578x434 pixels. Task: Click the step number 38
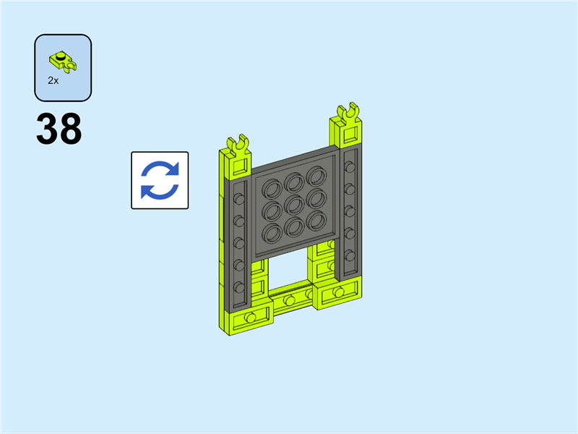[x=59, y=129]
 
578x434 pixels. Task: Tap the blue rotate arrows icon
[x=160, y=180]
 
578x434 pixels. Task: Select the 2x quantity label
[x=53, y=80]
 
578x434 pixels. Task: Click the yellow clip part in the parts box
[x=63, y=61]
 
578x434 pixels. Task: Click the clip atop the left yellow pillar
[x=238, y=144]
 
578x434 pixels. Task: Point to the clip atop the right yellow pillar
[x=348, y=113]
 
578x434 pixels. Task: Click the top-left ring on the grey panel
[x=272, y=189]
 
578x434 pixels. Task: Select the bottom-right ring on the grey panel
[x=316, y=221]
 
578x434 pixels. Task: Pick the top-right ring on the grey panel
[x=316, y=176]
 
